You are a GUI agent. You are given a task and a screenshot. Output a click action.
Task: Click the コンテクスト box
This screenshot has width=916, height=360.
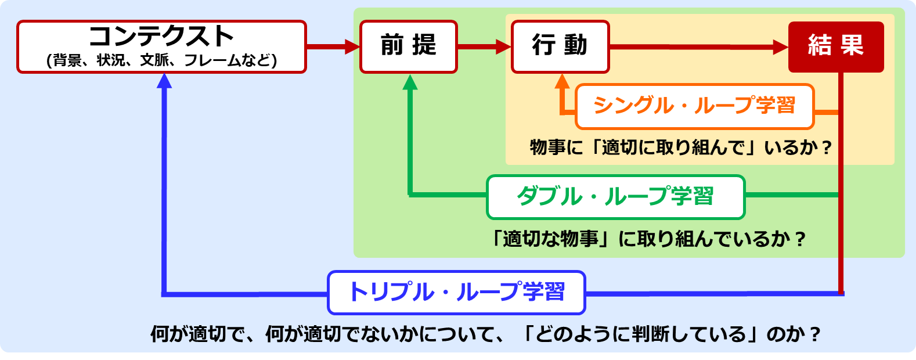click(161, 46)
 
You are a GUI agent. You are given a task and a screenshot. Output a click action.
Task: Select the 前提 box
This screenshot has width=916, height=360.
click(409, 46)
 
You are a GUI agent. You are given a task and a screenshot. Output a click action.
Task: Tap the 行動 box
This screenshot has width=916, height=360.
click(560, 46)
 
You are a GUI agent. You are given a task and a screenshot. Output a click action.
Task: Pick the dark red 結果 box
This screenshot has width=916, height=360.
click(836, 46)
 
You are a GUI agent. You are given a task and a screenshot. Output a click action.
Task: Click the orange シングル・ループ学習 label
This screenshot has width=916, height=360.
click(695, 106)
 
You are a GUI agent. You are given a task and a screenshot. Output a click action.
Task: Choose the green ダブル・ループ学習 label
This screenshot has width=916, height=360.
click(616, 197)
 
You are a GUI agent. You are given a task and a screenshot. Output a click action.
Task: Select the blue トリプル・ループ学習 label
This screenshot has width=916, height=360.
click(457, 293)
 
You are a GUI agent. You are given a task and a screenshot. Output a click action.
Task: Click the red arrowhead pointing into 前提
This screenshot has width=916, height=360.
click(352, 46)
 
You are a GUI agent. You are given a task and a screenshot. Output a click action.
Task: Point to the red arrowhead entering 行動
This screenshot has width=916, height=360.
click(504, 46)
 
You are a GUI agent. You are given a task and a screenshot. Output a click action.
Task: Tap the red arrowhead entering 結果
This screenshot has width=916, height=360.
click(781, 47)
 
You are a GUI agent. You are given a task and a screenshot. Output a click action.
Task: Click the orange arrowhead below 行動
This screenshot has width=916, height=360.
click(562, 81)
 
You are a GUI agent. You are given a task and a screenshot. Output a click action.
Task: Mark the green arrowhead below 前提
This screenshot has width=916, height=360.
click(410, 82)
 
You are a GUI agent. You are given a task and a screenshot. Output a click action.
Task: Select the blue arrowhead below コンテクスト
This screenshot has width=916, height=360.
click(164, 81)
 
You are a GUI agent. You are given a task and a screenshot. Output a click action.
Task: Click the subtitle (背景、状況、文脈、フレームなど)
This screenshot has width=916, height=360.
click(161, 60)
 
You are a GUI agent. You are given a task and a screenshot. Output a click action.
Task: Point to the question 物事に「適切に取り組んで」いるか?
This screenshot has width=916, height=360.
click(681, 147)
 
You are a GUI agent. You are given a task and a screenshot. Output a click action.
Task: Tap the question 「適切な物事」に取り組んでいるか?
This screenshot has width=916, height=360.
click(648, 239)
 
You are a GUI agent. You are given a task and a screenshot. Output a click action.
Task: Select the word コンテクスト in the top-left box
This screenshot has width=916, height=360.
click(161, 36)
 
